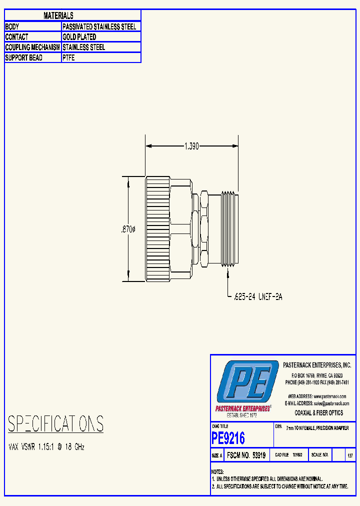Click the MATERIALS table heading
(58, 16)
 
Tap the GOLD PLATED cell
(79, 37)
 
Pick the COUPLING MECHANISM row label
(32, 47)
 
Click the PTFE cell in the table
(69, 58)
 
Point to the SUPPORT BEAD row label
(23, 58)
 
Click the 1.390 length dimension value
(191, 146)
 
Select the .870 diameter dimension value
(128, 229)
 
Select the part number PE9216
(228, 438)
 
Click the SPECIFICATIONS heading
(55, 424)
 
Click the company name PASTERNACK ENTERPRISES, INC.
(317, 365)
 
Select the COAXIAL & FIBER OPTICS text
(319, 413)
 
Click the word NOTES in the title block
(217, 472)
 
